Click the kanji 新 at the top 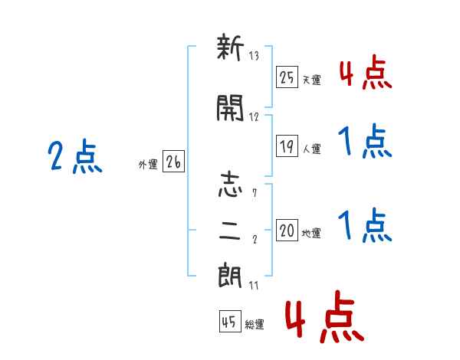click(231, 51)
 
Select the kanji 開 click(231, 111)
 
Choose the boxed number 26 click(173, 162)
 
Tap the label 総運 click(255, 325)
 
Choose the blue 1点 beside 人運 click(365, 142)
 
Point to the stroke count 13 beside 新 click(255, 56)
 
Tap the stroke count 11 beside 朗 click(255, 285)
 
